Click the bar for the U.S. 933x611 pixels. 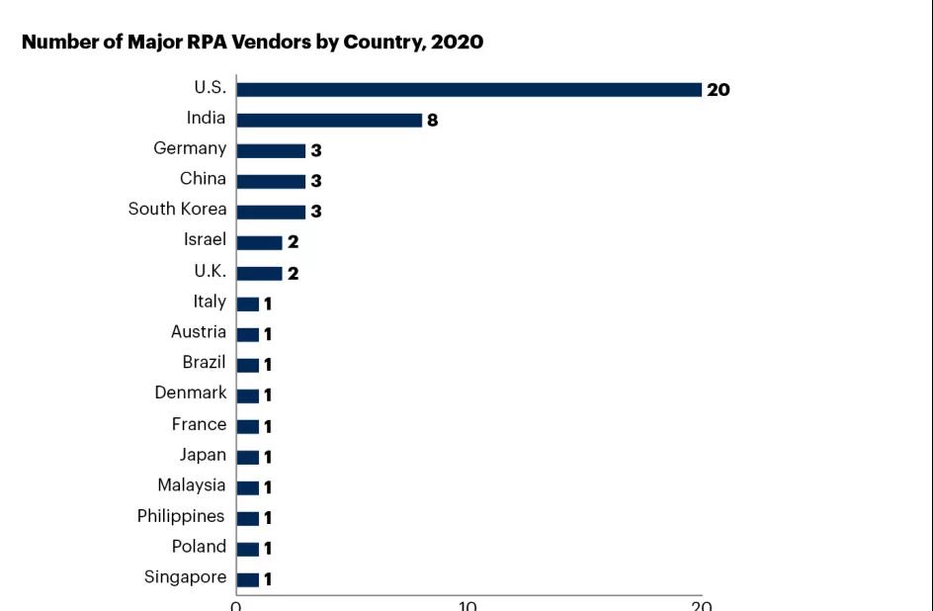(x=468, y=90)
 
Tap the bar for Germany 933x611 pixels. (x=271, y=151)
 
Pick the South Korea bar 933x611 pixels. (x=271, y=212)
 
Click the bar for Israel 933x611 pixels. (x=260, y=242)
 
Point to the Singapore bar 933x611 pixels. (x=248, y=579)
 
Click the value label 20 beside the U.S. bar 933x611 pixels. (x=719, y=90)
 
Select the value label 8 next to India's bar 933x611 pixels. (x=432, y=121)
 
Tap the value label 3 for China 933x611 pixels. (x=316, y=182)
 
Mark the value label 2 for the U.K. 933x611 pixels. (x=293, y=274)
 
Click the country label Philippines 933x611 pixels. (x=181, y=516)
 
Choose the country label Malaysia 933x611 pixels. (x=192, y=485)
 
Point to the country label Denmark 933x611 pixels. (x=190, y=393)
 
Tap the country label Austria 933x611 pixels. (x=199, y=332)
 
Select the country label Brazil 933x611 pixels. (x=204, y=363)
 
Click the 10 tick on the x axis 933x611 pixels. (x=467, y=605)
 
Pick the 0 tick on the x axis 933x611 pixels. (x=236, y=605)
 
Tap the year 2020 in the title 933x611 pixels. (x=457, y=43)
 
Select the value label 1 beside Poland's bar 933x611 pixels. (x=267, y=549)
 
